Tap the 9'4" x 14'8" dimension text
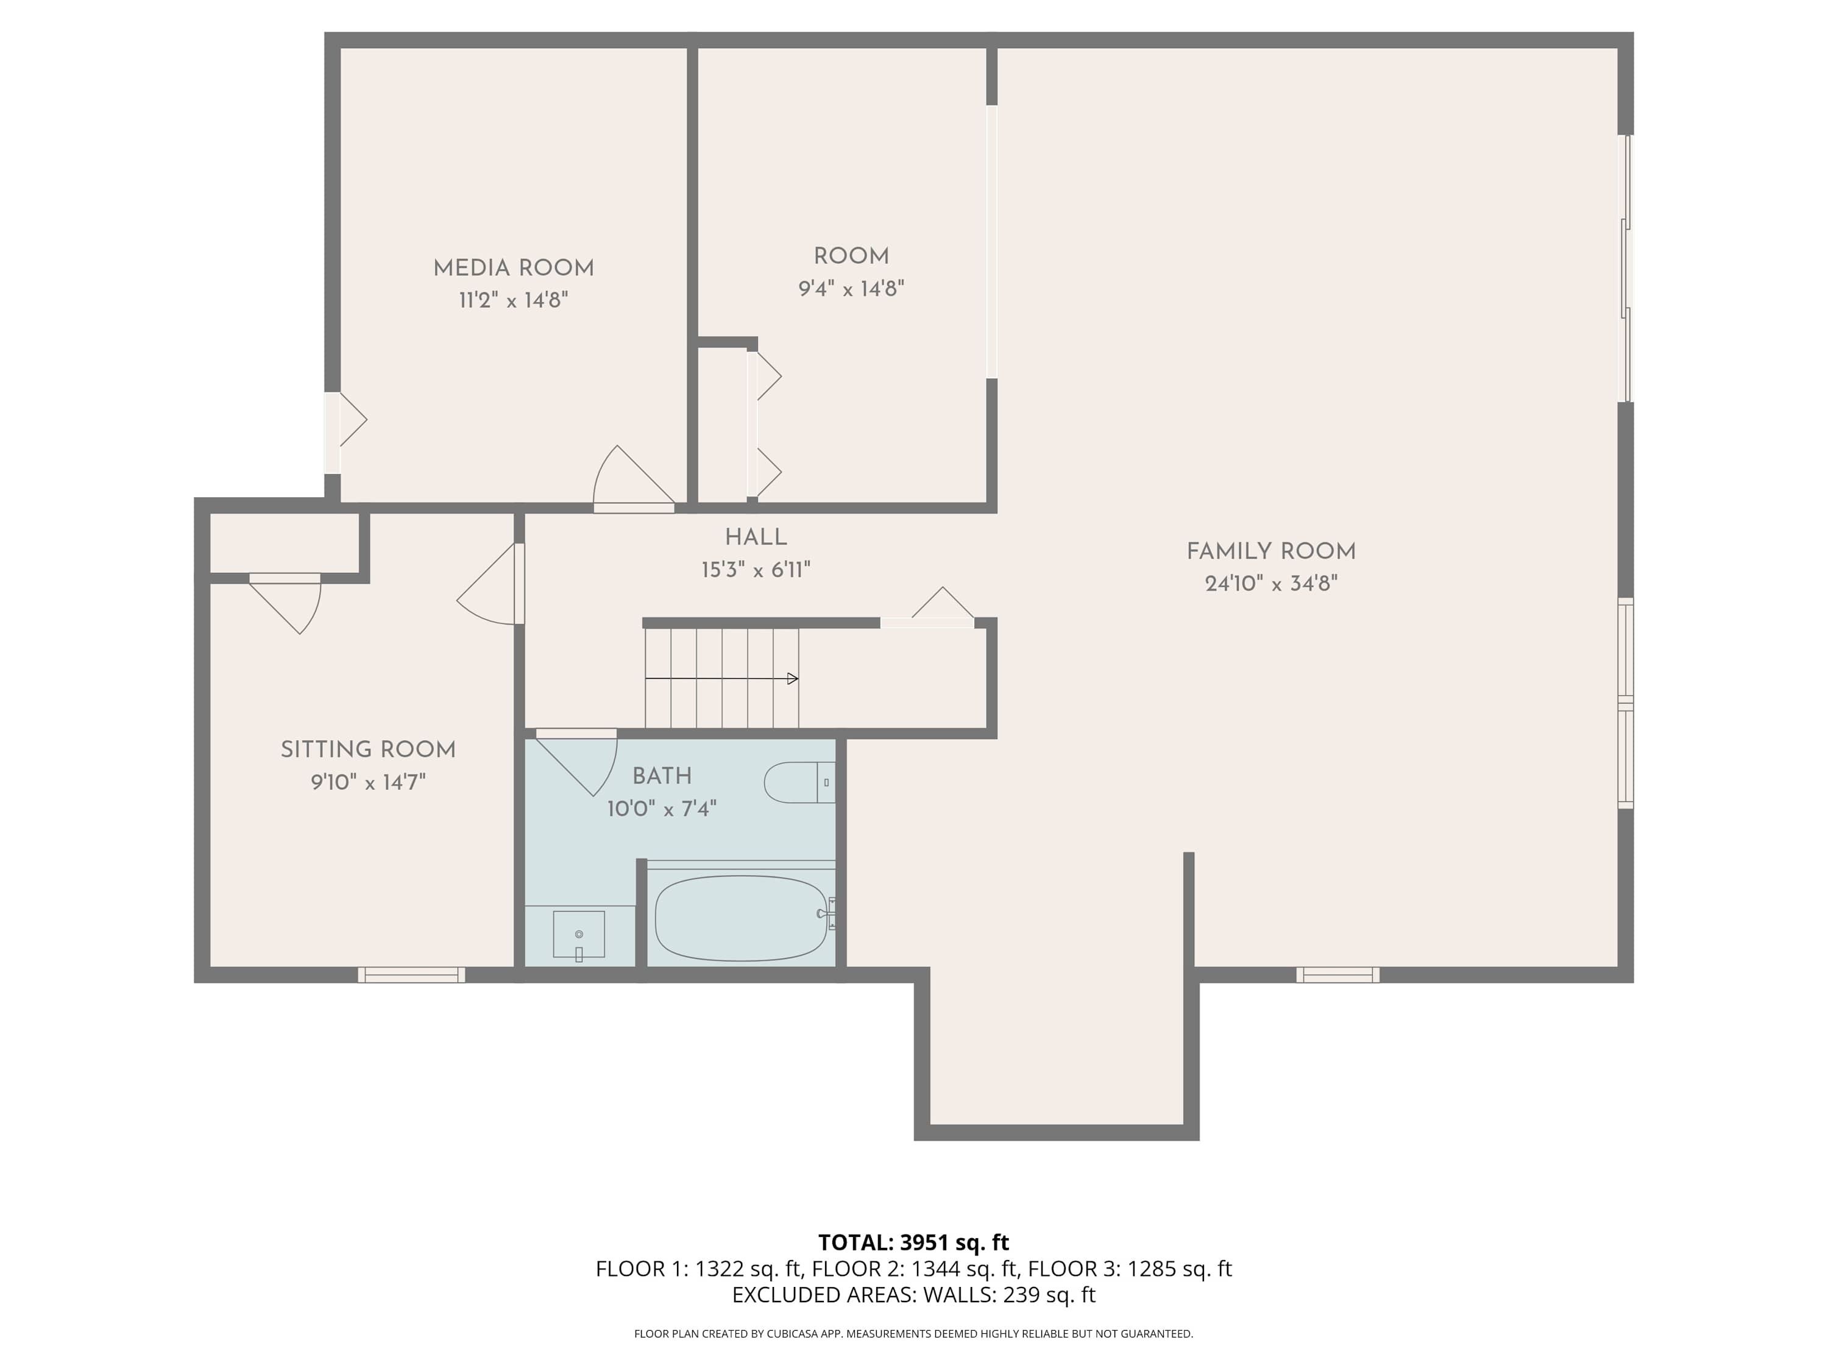coord(851,288)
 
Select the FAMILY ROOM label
coord(1270,551)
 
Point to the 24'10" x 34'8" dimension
coord(1270,584)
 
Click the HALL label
coord(756,537)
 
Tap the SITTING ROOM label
coord(368,749)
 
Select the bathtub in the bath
coord(740,918)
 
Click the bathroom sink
coord(578,935)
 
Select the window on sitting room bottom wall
coord(411,975)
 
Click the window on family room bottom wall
coord(1337,975)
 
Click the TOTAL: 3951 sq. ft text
coord(913,1242)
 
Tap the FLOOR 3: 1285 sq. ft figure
coord(1129,1269)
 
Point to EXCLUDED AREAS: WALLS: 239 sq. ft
coord(913,1294)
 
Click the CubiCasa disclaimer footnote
coord(913,1333)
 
